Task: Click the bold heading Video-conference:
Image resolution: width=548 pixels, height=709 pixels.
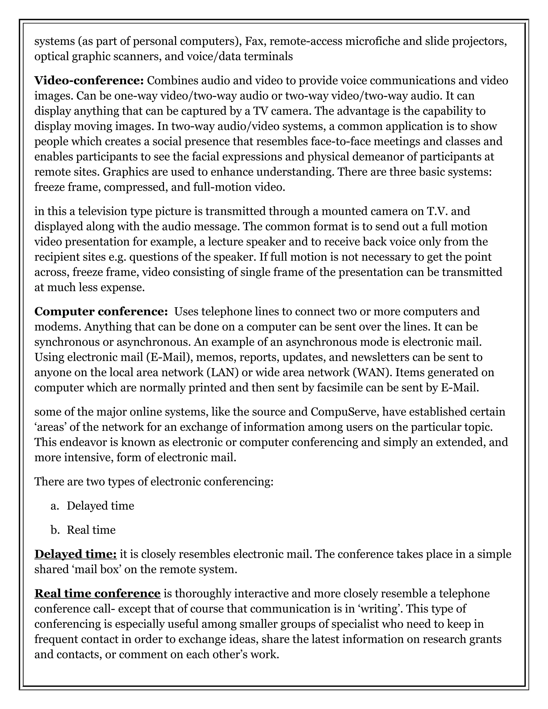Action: [x=89, y=81]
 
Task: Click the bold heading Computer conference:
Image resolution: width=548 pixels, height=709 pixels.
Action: [x=101, y=312]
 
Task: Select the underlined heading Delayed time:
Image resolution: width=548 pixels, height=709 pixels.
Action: [x=75, y=554]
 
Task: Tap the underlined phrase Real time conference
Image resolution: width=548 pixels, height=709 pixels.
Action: [x=97, y=593]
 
